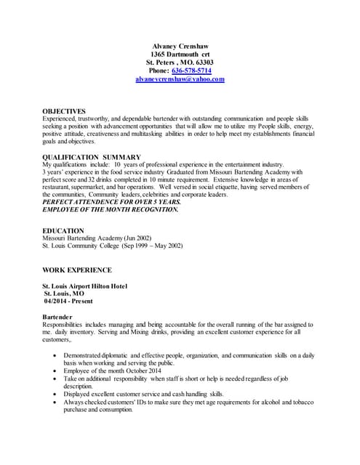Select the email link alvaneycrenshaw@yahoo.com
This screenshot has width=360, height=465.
click(x=180, y=78)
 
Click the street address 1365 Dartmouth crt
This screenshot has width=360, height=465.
click(x=180, y=54)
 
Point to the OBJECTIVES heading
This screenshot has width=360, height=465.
click(x=64, y=111)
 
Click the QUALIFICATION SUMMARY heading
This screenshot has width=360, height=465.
click(x=92, y=157)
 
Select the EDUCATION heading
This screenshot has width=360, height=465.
click(x=63, y=230)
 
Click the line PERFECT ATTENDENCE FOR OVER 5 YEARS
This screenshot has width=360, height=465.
click(x=111, y=202)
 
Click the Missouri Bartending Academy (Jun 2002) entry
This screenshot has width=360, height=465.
click(x=97, y=238)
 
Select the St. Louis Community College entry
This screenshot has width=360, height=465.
click(x=113, y=246)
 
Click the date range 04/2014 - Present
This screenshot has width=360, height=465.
click(x=69, y=302)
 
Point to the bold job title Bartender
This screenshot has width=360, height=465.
click(x=60, y=318)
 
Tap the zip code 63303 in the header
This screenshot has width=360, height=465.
click(x=199, y=62)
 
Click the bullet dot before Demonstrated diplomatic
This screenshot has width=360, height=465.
click(x=57, y=355)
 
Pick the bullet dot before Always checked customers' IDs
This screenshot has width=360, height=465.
click(x=57, y=401)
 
